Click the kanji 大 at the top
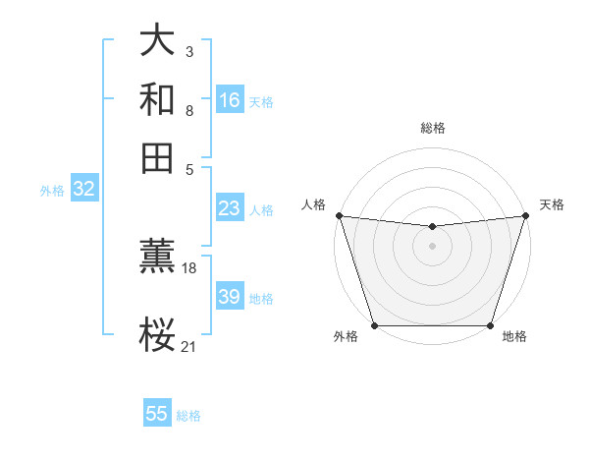(158, 42)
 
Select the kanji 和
(158, 100)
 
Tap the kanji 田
(158, 158)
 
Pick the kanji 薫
(158, 258)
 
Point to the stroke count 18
(189, 267)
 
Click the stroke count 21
(189, 345)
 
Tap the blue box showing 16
(230, 100)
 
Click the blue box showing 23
(230, 208)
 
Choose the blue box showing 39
(230, 297)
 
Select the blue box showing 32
(83, 190)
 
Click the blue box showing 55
(157, 414)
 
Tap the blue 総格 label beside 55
(188, 416)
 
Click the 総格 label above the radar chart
(432, 128)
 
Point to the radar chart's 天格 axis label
(552, 204)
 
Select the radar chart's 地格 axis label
(514, 337)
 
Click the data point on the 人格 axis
(339, 215)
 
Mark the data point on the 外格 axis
(375, 325)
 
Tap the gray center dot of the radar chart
(432, 246)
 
